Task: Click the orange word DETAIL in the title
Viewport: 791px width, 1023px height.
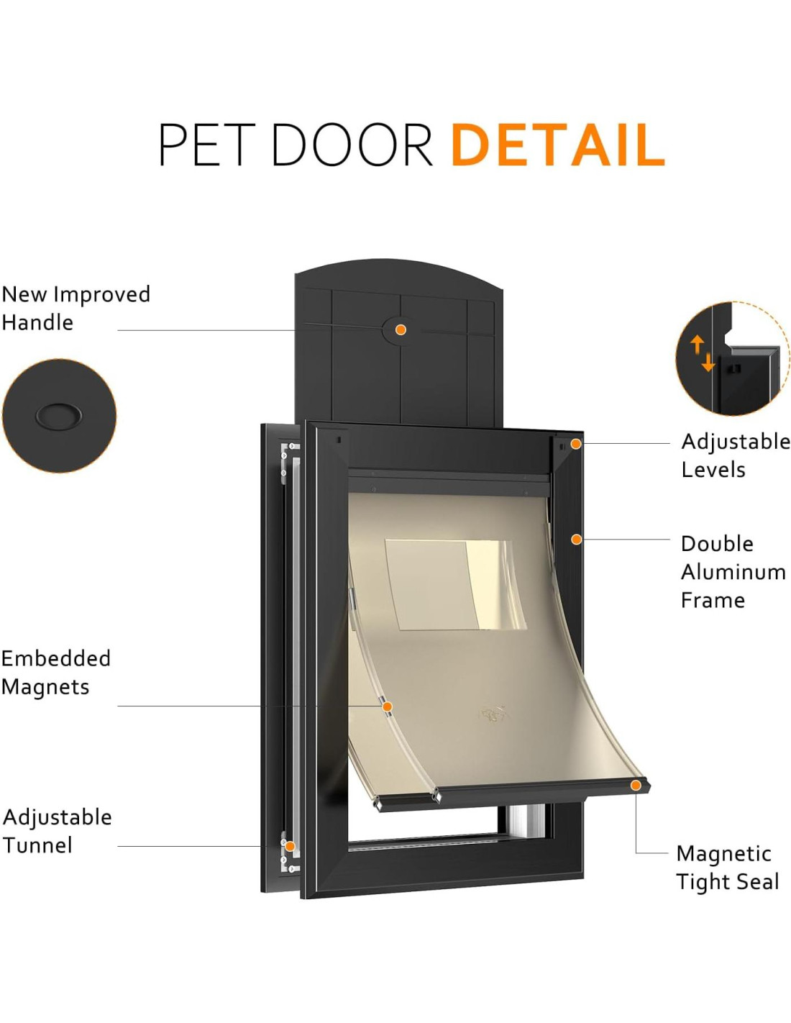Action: pos(557,145)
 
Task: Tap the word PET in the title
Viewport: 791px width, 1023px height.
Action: pos(206,145)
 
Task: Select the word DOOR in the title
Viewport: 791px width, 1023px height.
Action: pos(352,145)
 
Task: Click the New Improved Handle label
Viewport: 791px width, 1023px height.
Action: pos(76,308)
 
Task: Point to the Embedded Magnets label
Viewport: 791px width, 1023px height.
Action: pos(55,672)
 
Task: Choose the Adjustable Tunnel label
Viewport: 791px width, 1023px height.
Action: pos(57,831)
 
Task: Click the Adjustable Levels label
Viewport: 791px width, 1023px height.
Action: pos(735,455)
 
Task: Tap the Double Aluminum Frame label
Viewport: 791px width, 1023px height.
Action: pos(733,571)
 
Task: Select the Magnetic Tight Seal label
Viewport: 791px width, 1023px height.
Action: pos(727,867)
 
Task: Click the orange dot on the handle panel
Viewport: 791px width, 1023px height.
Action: pos(401,329)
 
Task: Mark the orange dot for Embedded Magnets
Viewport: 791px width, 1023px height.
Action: pos(387,707)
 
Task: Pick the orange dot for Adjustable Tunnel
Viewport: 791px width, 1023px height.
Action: pos(290,846)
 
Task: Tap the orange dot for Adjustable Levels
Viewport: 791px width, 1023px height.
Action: pos(576,444)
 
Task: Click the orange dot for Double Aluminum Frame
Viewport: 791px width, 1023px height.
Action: pos(576,539)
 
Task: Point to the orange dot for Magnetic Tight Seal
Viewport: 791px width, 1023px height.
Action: pos(636,785)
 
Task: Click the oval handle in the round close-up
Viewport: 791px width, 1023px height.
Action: pos(59,416)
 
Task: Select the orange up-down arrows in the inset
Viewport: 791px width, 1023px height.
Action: pos(703,353)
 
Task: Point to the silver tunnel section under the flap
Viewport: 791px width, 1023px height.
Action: pos(526,817)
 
